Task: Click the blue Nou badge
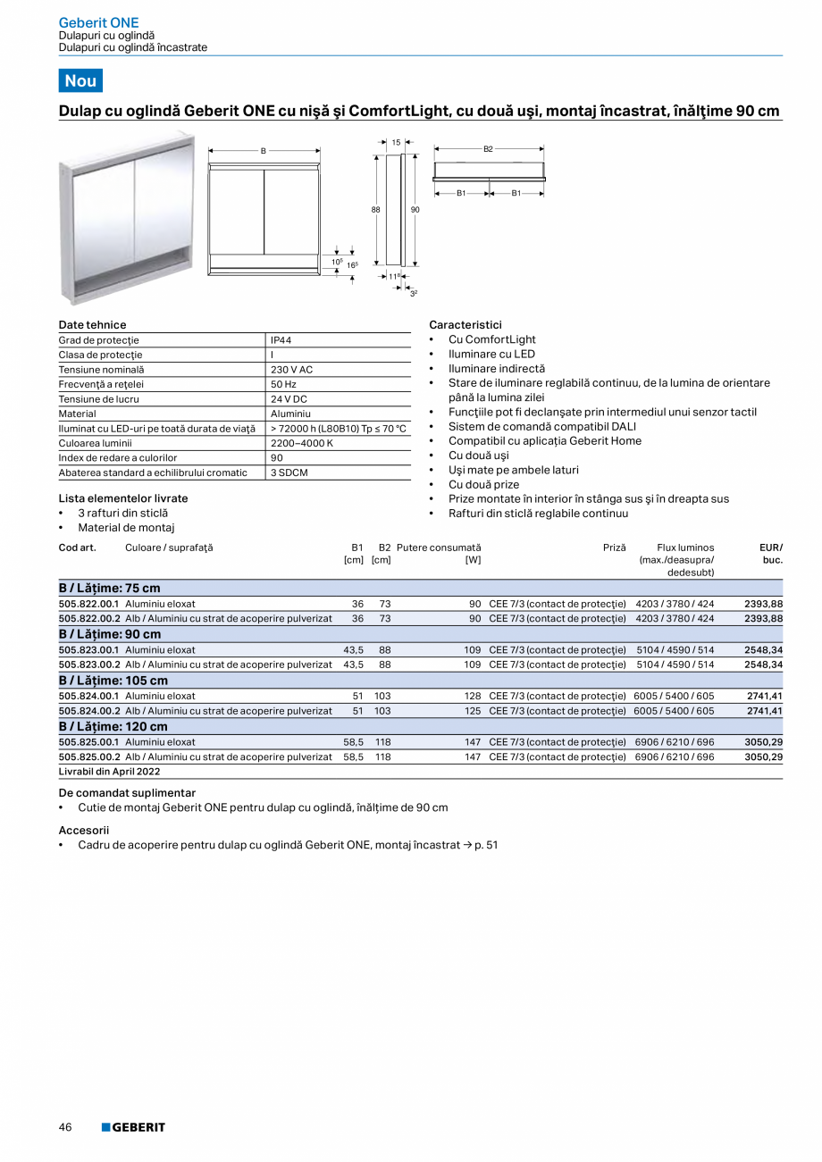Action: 80,80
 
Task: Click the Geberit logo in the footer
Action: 133,1127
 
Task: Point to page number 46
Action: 65,1127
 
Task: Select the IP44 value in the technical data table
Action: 281,340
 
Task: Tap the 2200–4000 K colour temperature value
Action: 302,443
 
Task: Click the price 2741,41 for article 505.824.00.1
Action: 764,696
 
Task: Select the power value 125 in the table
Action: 473,711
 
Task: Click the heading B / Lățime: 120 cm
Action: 113,727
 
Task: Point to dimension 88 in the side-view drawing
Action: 376,209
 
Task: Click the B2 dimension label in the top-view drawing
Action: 488,149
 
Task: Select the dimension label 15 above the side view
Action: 396,142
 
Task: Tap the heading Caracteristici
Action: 466,325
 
